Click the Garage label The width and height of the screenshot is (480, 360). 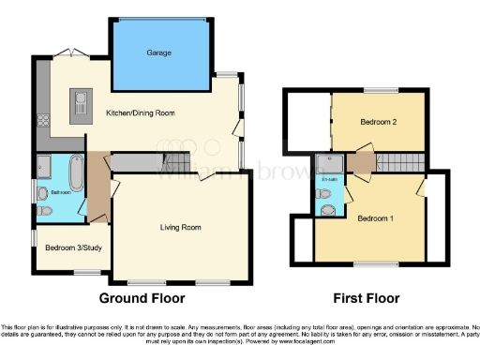158,53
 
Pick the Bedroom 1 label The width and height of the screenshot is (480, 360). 375,218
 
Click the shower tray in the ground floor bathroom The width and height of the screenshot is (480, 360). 46,167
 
